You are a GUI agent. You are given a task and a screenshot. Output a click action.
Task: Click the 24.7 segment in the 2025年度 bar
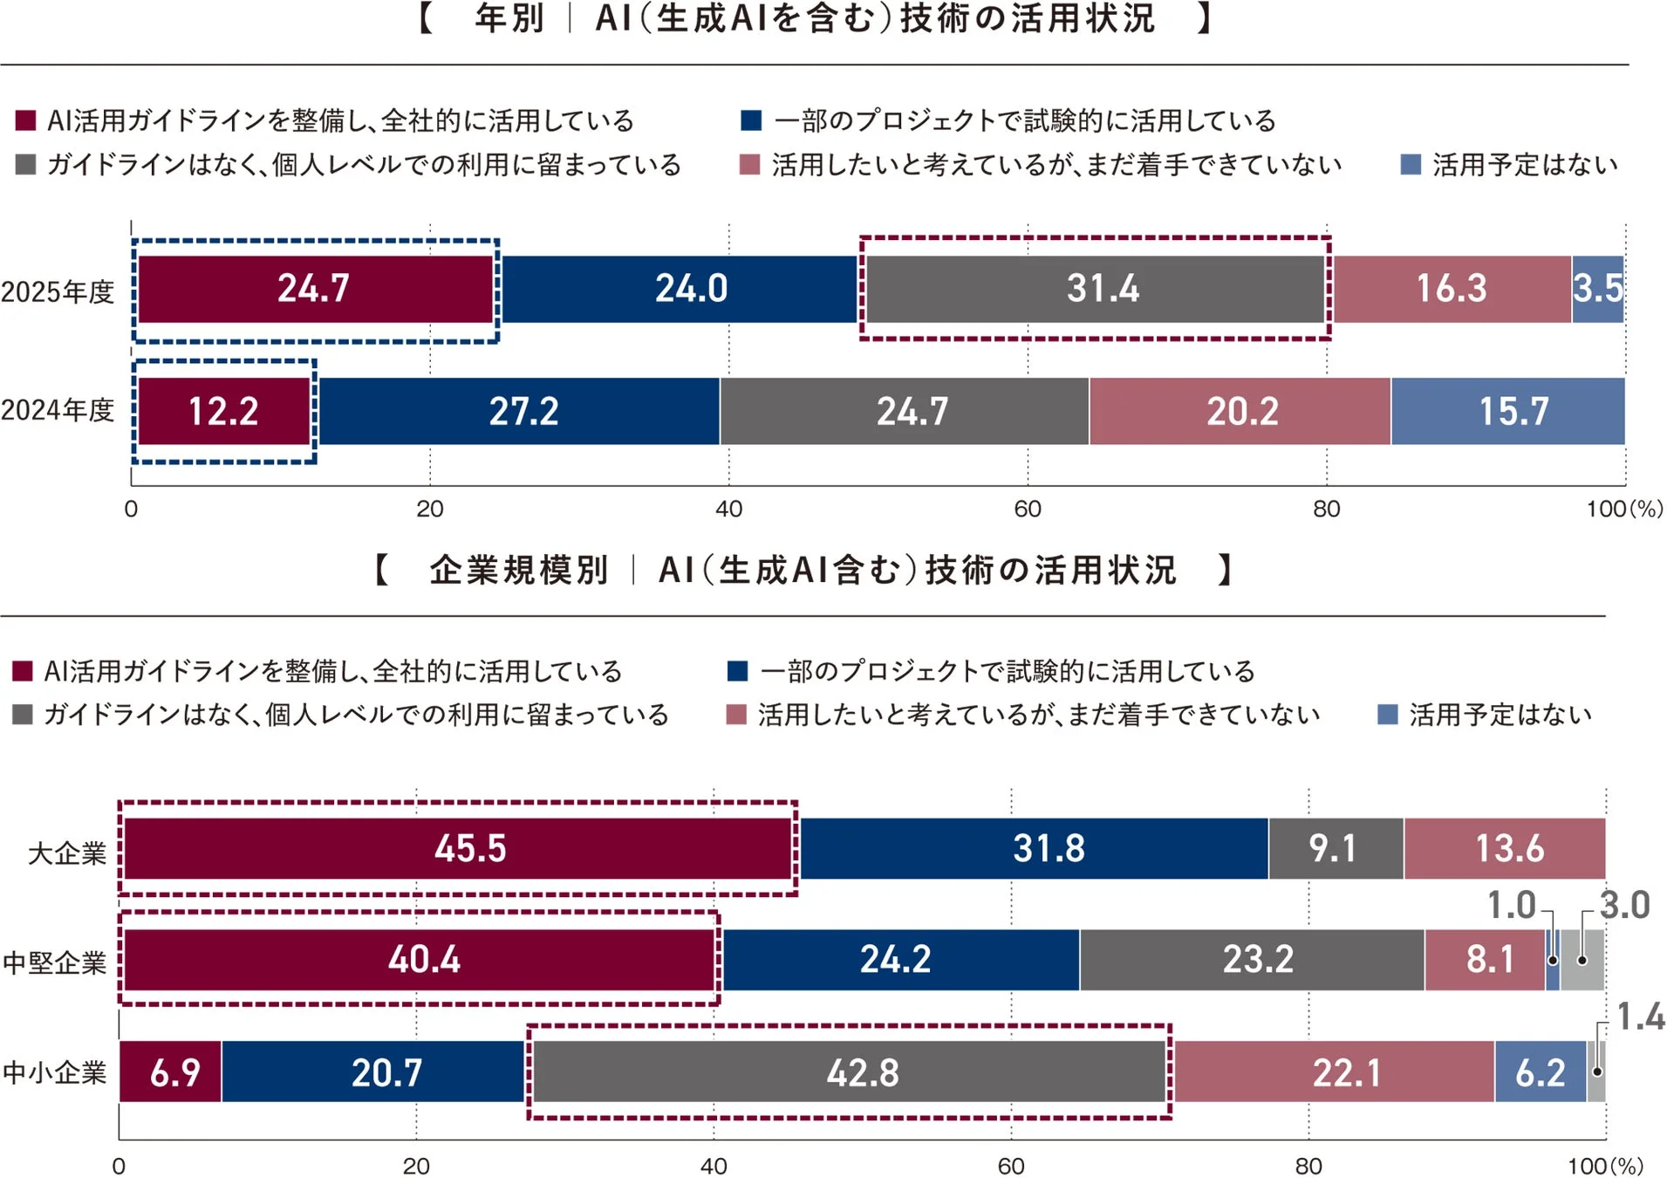pyautogui.click(x=314, y=289)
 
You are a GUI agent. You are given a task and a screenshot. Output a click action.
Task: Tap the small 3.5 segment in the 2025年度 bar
pyautogui.click(x=1597, y=289)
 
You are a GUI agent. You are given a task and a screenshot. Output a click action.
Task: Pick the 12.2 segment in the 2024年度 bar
pyautogui.click(x=224, y=411)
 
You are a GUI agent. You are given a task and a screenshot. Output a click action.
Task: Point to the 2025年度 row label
pyautogui.click(x=58, y=291)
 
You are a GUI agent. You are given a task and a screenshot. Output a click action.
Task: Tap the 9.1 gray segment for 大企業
pyautogui.click(x=1335, y=848)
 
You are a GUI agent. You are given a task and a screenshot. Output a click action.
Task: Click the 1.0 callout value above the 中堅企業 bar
pyautogui.click(x=1511, y=905)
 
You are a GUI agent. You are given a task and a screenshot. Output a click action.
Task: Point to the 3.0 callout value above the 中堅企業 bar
pyautogui.click(x=1624, y=905)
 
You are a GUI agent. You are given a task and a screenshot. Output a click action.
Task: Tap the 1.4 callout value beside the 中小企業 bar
pyautogui.click(x=1640, y=1017)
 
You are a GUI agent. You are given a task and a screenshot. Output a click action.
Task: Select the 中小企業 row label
pyautogui.click(x=54, y=1072)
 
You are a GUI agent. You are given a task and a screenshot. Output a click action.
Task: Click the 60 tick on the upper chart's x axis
pyautogui.click(x=1028, y=509)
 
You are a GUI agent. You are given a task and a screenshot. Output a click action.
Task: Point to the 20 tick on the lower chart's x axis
pyautogui.click(x=416, y=1166)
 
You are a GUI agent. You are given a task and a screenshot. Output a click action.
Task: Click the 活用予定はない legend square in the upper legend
pyautogui.click(x=1410, y=165)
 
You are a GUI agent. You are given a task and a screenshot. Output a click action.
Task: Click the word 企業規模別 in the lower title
pyautogui.click(x=518, y=570)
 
